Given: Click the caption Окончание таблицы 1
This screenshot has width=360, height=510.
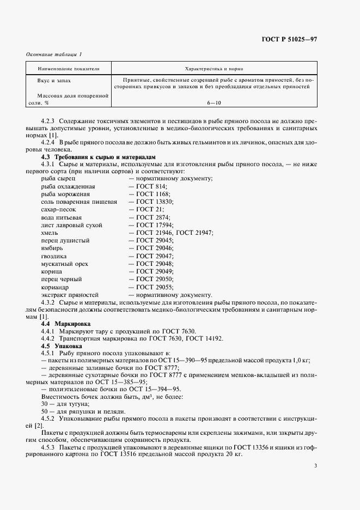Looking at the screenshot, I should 54,55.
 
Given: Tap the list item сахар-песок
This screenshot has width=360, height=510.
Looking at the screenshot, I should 58,209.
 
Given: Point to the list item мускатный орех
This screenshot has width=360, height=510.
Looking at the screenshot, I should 63,264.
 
